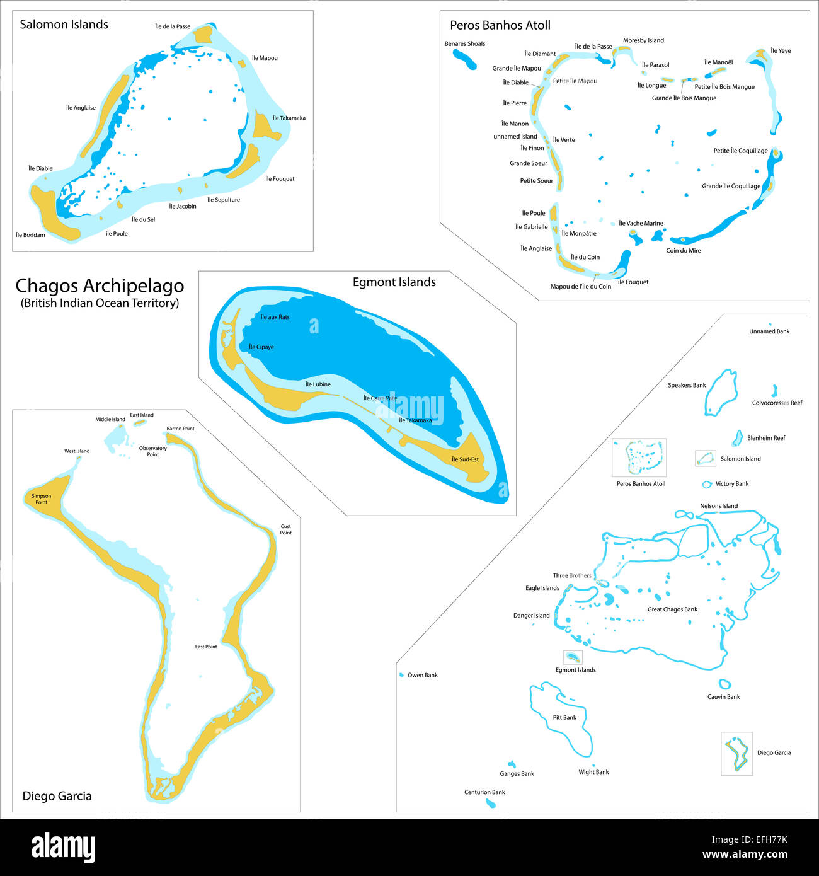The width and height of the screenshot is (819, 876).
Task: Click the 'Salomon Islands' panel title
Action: pos(64,25)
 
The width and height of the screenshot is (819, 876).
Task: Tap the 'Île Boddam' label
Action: pos(30,235)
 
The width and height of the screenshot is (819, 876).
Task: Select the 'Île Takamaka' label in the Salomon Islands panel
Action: pos(289,118)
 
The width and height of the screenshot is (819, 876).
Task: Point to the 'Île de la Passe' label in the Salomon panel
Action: pos(173,26)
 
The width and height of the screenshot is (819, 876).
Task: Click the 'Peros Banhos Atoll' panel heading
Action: pos(500,25)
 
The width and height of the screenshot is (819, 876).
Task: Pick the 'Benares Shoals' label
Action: pos(464,44)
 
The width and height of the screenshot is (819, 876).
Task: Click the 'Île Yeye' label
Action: pos(781,51)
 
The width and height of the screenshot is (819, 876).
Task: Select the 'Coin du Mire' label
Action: pos(683,251)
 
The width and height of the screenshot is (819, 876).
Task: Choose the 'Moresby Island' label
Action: pos(643,41)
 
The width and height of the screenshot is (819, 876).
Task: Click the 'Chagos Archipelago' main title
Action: pos(100,286)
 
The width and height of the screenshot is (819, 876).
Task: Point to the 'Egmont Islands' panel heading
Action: pos(394,282)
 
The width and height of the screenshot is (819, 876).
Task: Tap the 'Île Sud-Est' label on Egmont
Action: pos(465,459)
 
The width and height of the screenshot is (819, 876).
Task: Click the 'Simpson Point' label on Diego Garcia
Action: pos(42,499)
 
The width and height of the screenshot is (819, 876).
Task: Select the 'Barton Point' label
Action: pos(180,429)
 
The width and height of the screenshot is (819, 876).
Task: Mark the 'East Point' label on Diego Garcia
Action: pos(206,647)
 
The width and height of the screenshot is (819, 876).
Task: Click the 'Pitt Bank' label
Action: pos(564,718)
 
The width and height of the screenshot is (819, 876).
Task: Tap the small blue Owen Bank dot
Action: pos(402,675)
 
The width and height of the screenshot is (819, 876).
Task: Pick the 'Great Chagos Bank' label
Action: pos(672,609)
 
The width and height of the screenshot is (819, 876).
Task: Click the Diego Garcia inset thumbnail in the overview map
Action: pos(736,754)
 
